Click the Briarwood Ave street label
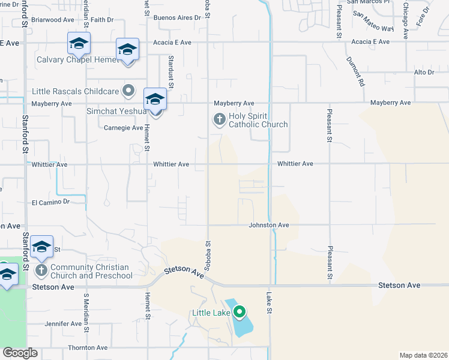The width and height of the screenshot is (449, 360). click(x=52, y=20)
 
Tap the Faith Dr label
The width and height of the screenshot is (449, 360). click(x=102, y=20)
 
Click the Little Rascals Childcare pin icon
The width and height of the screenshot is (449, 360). click(x=128, y=91)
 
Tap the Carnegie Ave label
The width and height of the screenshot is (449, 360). click(x=124, y=128)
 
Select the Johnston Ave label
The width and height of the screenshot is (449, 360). click(x=270, y=225)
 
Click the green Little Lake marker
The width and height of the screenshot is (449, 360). click(x=240, y=312)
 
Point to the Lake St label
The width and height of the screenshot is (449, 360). click(x=269, y=302)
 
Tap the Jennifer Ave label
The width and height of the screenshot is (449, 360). click(x=64, y=324)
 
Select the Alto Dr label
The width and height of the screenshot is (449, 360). click(x=424, y=72)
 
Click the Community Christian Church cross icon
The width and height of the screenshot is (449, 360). click(x=41, y=270)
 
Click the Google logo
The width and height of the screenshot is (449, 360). click(x=20, y=353)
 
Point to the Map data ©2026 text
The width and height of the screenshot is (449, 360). click(x=423, y=355)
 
